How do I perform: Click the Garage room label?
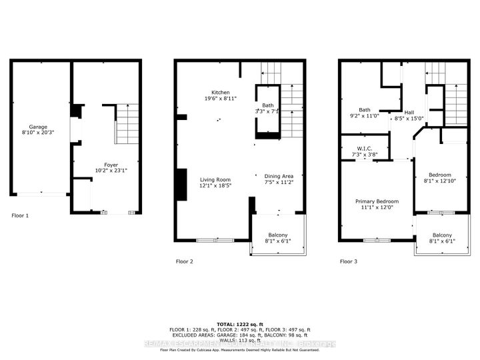(38, 126)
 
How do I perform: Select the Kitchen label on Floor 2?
(221, 92)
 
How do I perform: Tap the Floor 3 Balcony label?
(441, 235)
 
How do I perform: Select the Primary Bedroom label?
(377, 201)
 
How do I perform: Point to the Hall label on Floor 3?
(409, 112)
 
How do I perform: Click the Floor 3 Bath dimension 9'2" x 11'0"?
(365, 116)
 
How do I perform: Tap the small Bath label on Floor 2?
(267, 105)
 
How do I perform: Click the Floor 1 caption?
(21, 216)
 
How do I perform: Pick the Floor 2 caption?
(184, 261)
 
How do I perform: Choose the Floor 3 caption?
(348, 261)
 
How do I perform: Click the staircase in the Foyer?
(127, 124)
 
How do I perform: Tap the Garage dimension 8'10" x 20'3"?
(38, 132)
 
